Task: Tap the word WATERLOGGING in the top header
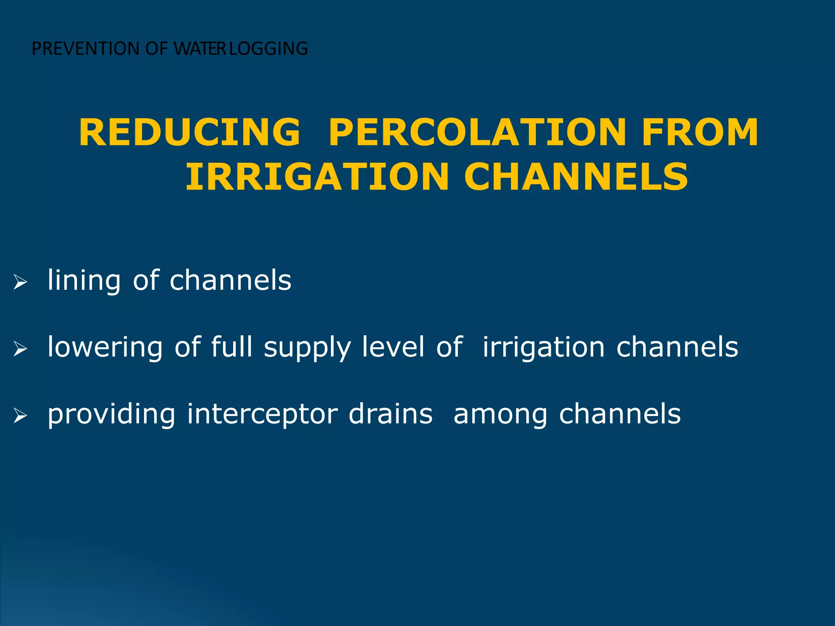click(241, 48)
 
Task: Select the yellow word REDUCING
click(190, 132)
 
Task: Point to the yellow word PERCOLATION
click(478, 132)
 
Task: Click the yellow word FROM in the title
click(700, 132)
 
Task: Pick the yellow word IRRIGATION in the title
click(317, 177)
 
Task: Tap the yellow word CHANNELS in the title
click(576, 177)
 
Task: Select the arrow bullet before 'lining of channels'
click(20, 282)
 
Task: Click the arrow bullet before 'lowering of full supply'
click(20, 349)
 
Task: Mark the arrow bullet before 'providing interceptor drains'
click(20, 416)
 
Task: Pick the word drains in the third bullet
click(391, 414)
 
